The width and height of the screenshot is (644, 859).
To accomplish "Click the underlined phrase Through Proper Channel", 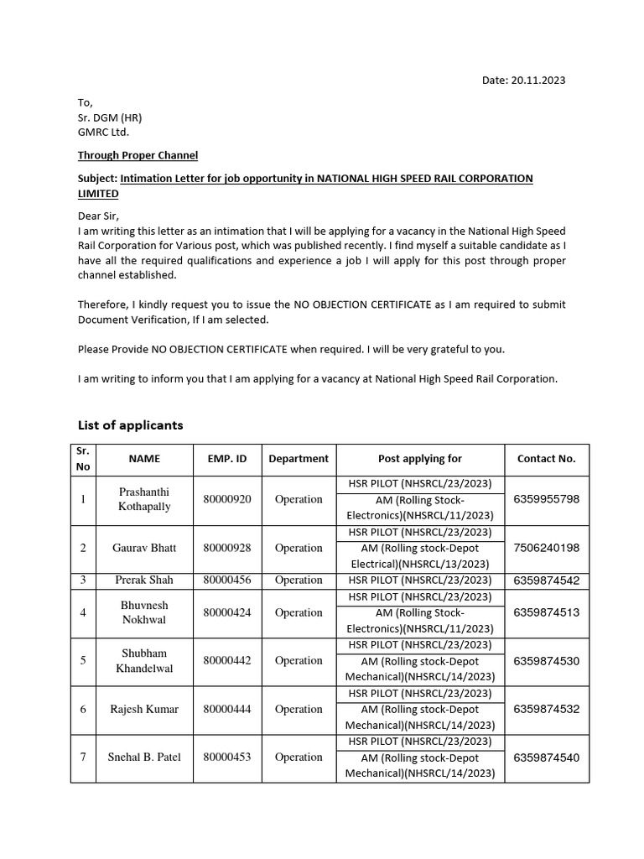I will point(138,155).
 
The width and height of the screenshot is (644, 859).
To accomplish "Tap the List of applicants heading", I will point(130,425).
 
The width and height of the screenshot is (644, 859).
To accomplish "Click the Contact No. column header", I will point(546,459).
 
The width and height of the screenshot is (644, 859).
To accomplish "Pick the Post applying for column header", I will point(420,459).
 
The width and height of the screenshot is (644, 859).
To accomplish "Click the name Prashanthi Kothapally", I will point(144,499).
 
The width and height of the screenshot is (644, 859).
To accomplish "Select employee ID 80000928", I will point(227,548).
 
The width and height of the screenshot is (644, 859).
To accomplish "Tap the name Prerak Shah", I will point(144,580).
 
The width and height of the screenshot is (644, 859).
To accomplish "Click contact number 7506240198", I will point(546,548).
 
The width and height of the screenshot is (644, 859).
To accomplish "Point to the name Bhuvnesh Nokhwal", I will point(144,612).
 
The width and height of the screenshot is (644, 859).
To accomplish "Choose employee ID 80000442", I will point(227,660).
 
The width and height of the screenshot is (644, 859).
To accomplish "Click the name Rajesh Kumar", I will point(144,709).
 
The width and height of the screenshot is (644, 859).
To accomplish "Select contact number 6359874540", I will point(546,757).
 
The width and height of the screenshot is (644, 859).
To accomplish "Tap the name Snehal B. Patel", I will point(144,757).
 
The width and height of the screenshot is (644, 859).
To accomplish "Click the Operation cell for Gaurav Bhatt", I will point(299,548).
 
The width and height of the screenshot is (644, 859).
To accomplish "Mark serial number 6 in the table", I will point(83,709).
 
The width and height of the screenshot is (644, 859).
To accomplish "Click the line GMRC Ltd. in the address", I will point(104,132).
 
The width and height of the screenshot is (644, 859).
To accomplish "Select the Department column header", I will point(299,459).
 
